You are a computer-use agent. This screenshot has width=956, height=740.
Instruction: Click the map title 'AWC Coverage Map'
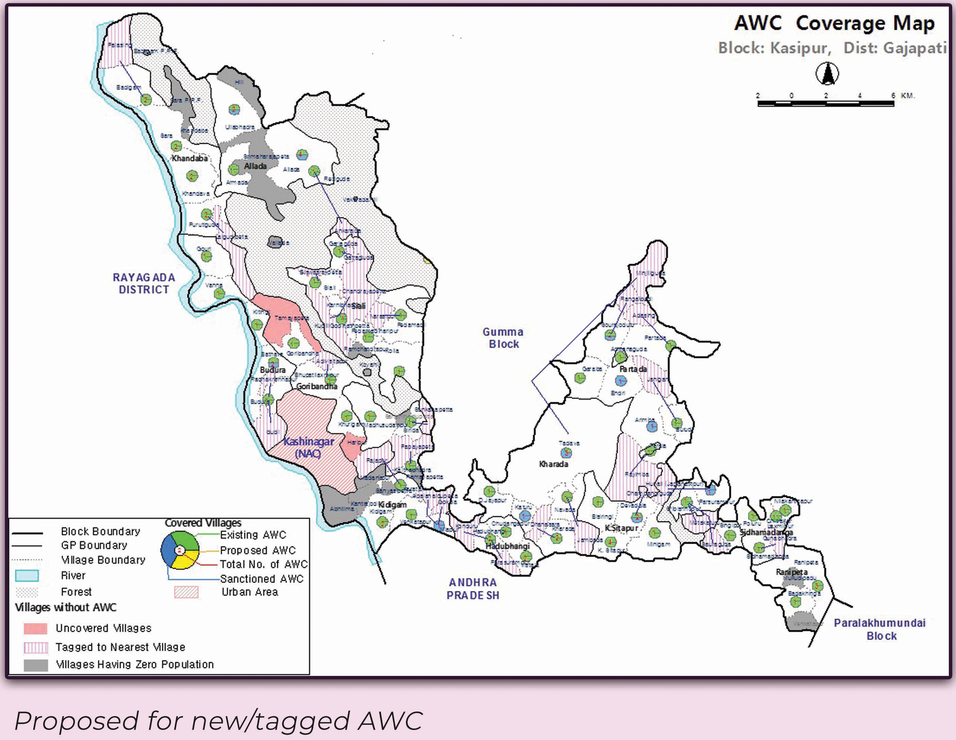coord(834,23)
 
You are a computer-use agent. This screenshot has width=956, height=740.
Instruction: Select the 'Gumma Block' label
coord(503,338)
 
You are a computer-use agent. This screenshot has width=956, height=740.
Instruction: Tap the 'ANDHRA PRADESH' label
coord(473,589)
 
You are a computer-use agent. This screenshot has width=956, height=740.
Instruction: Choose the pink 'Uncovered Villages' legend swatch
coord(35,628)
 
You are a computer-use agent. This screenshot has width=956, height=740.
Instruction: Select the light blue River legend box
coord(27,575)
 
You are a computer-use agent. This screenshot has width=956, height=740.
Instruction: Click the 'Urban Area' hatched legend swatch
coord(186,592)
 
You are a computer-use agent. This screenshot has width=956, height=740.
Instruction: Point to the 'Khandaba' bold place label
coord(190,158)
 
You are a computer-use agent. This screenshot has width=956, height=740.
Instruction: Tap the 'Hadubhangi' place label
coord(507,546)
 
